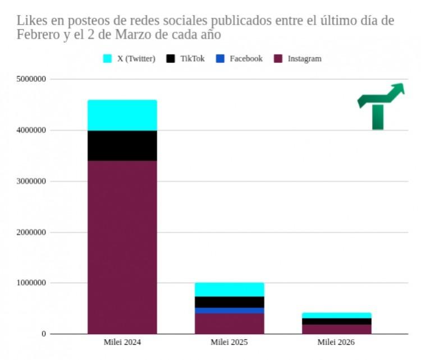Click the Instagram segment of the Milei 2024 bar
(x=122, y=247)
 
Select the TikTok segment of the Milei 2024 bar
(x=122, y=146)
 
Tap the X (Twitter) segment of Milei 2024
(x=122, y=116)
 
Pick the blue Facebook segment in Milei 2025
(x=229, y=311)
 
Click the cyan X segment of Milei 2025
(x=229, y=289)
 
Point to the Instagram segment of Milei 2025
(x=229, y=324)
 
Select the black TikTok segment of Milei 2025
(x=229, y=302)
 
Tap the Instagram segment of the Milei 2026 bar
(x=336, y=329)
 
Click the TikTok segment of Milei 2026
(x=336, y=321)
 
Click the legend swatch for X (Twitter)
(x=108, y=59)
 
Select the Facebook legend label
(x=246, y=59)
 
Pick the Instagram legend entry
(x=304, y=59)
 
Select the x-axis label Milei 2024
(x=122, y=342)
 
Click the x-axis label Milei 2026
(x=336, y=342)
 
